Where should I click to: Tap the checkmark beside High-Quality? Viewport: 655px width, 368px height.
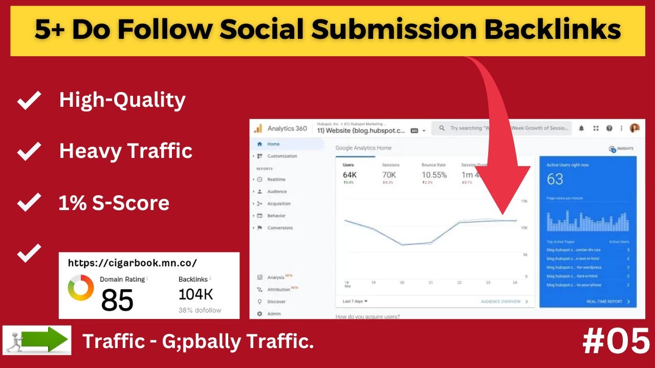[x=29, y=101]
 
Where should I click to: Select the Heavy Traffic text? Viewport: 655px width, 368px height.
[x=125, y=151]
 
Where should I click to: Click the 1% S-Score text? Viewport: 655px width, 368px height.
[x=114, y=203]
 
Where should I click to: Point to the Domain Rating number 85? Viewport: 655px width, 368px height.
[x=117, y=300]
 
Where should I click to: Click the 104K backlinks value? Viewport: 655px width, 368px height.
[x=195, y=294]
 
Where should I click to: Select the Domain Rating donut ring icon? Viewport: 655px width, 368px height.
[x=81, y=288]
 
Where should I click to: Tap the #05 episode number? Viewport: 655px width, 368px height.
[x=616, y=342]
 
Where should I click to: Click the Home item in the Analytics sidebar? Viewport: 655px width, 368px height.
[x=273, y=144]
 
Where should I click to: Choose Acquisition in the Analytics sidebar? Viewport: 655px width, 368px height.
[x=279, y=203]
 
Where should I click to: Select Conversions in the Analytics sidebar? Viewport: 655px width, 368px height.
[x=280, y=228]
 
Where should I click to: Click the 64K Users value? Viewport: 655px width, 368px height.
[x=350, y=175]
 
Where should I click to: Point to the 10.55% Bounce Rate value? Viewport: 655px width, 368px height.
[x=434, y=175]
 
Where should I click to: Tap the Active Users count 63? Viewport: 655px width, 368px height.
[x=555, y=179]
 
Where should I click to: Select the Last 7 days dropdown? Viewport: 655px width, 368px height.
[x=355, y=302]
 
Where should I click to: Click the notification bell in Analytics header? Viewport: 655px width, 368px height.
[x=581, y=129]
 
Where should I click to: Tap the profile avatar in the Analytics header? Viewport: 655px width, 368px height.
[x=635, y=128]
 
